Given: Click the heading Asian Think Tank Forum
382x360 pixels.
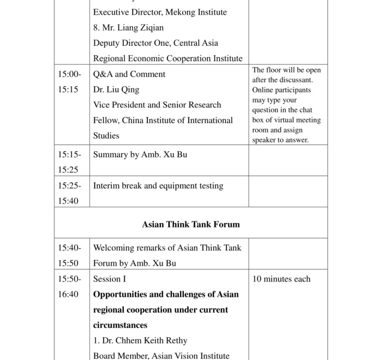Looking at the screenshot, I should pyautogui.click(x=190, y=224).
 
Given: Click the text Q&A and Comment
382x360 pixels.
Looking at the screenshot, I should pyautogui.click(x=129, y=74).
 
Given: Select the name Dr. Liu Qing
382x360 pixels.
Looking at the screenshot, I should pyautogui.click(x=116, y=89).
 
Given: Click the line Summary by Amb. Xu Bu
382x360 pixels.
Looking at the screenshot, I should pyautogui.click(x=140, y=154).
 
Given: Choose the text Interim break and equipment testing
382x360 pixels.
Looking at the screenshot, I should pyautogui.click(x=158, y=185).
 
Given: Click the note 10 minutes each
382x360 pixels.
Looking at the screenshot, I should pyautogui.click(x=281, y=279).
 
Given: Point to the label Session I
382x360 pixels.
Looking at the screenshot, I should pyautogui.click(x=109, y=279).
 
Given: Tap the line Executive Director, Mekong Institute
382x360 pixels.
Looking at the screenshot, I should pyautogui.click(x=159, y=12).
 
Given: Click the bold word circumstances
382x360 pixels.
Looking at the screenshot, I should pyautogui.click(x=120, y=325).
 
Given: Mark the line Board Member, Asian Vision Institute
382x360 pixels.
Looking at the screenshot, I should pyautogui.click(x=161, y=356).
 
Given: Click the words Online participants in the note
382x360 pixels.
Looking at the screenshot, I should pyautogui.click(x=281, y=90).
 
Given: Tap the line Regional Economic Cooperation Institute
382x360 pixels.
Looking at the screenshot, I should pyautogui.click(x=168, y=58).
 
